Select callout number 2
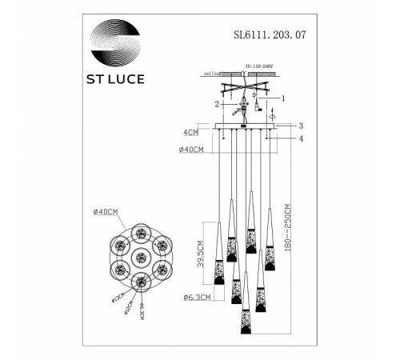pos(215,103)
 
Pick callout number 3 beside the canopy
pos(301,126)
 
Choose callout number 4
pos(301,140)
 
